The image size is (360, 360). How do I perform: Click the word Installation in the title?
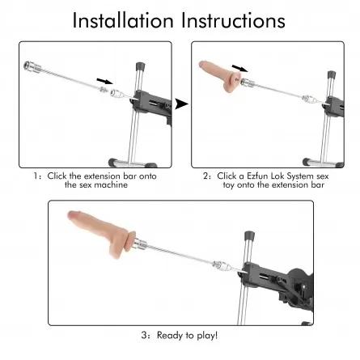[123, 20]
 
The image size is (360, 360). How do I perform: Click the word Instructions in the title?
[233, 20]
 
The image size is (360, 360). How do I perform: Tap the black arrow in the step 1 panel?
[105, 81]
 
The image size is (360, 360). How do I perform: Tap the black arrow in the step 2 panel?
[239, 68]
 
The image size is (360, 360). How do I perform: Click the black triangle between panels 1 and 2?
[181, 104]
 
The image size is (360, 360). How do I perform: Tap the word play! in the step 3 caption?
[207, 336]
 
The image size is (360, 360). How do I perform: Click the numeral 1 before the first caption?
[36, 176]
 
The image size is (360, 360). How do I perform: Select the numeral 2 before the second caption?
[205, 176]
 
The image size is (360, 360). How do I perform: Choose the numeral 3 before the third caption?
[144, 336]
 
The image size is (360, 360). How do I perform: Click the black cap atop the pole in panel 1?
[140, 66]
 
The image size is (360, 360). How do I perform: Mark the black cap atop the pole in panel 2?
[332, 74]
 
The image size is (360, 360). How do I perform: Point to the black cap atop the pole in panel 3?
[249, 235]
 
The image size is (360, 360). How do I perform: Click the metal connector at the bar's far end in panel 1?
[32, 67]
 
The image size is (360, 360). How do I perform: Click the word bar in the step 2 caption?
[319, 185]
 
